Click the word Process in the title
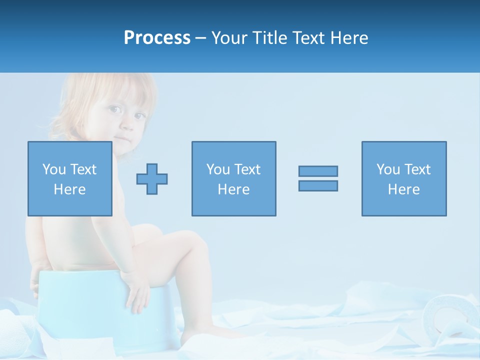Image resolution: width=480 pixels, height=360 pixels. point(157,38)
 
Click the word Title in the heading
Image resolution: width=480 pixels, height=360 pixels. point(268,38)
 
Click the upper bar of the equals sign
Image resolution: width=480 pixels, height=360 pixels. point(318,171)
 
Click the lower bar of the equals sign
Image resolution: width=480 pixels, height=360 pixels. point(318,185)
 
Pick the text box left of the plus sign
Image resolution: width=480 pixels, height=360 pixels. point(70,178)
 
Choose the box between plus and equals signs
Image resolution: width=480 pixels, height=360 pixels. point(233,178)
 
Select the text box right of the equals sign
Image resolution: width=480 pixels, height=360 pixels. point(404,178)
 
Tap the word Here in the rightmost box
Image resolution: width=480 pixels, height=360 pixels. point(404,189)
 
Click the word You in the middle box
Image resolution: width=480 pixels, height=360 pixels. point(218,169)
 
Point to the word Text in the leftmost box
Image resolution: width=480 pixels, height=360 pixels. point(83,169)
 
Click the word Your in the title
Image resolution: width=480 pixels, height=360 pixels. point(228,38)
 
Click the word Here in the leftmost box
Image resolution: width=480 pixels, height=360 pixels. point(70,189)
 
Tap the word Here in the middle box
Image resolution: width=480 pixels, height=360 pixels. point(233,189)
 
